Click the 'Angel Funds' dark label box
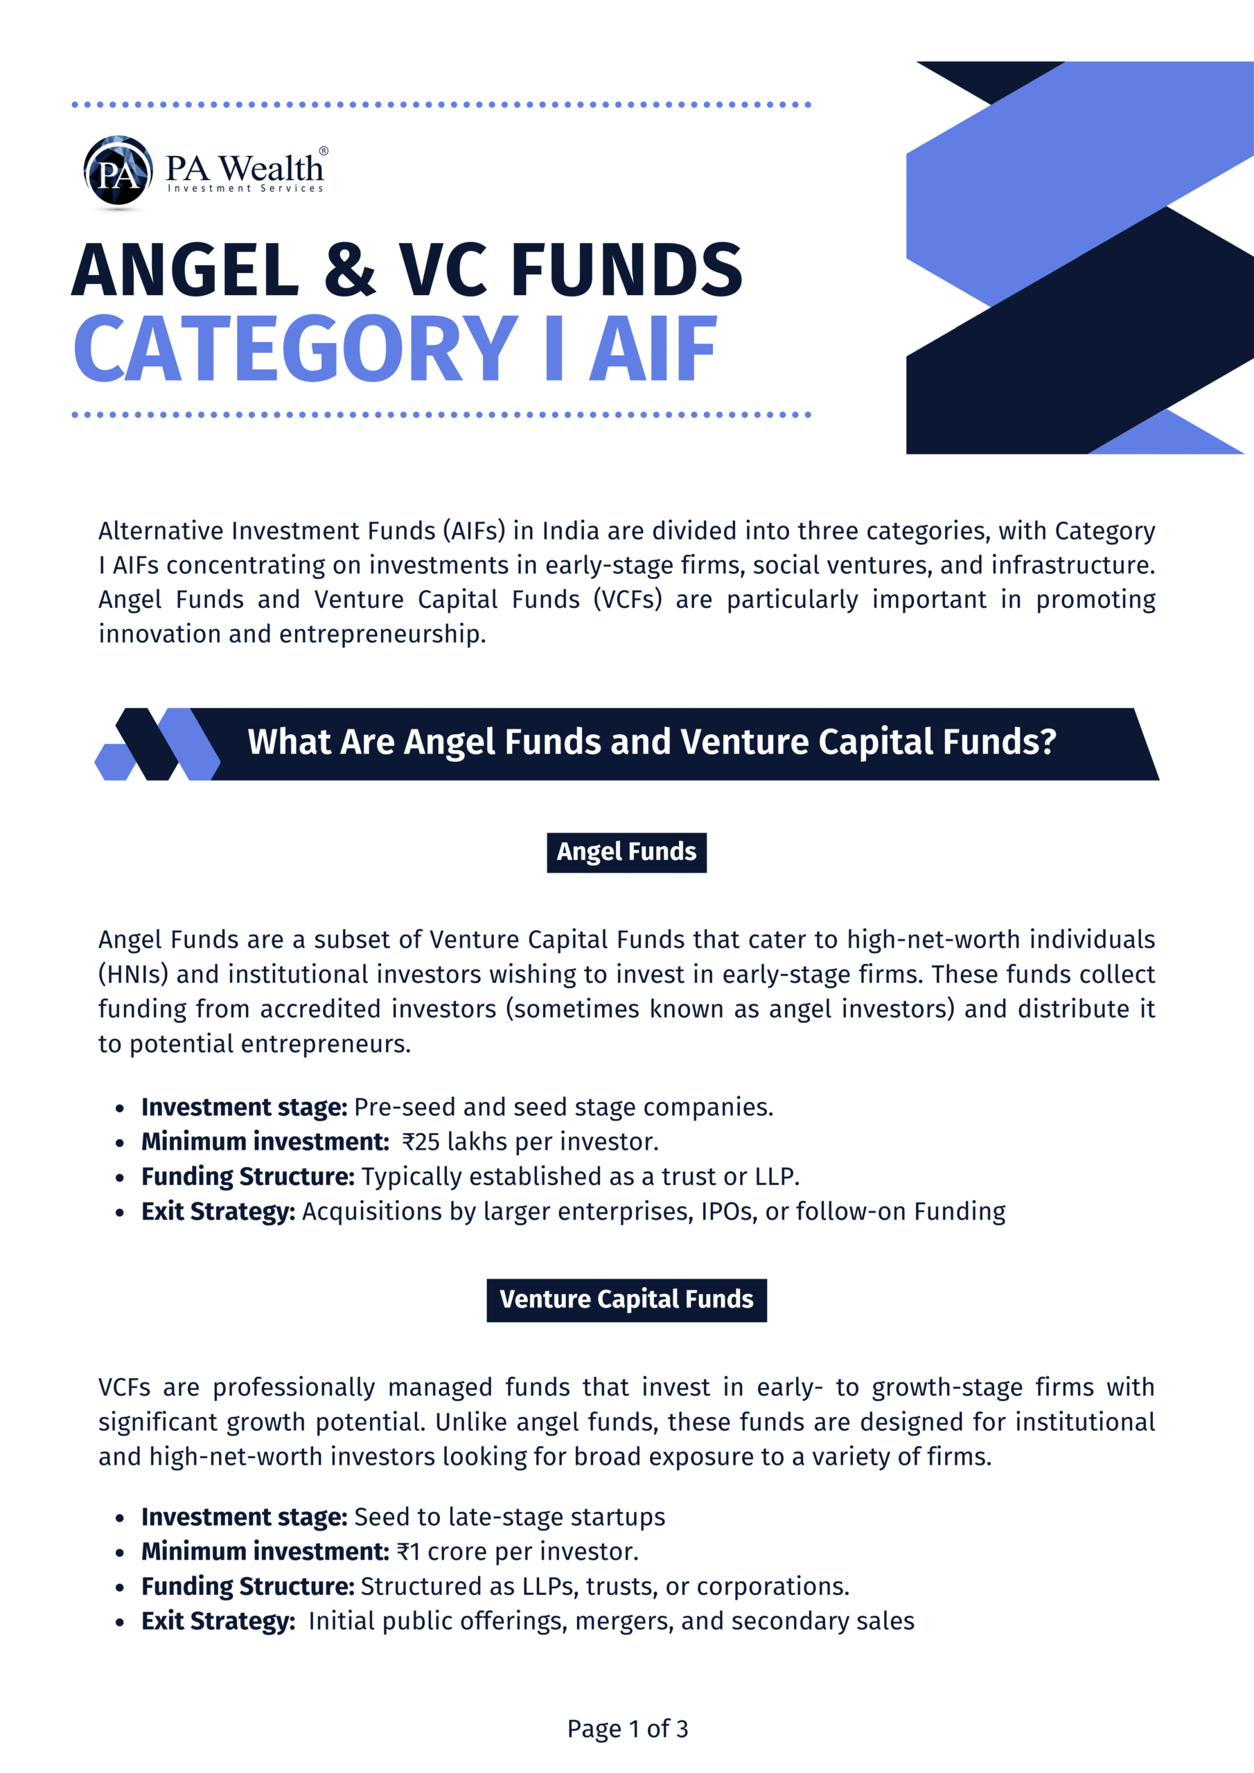[626, 852]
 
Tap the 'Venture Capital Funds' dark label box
[626, 1300]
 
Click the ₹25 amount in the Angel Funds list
[421, 1141]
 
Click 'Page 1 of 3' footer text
[628, 1728]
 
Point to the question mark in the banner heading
[1048, 741]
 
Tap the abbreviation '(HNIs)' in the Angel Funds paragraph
[133, 974]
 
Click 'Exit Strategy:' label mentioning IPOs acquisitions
[218, 1211]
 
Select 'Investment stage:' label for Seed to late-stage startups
[244, 1517]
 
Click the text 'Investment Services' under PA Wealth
[245, 188]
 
